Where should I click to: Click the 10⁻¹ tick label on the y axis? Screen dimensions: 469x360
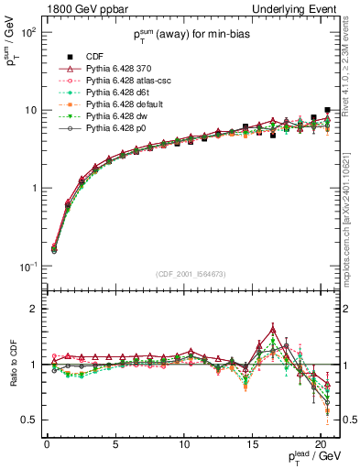coord(27,267)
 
